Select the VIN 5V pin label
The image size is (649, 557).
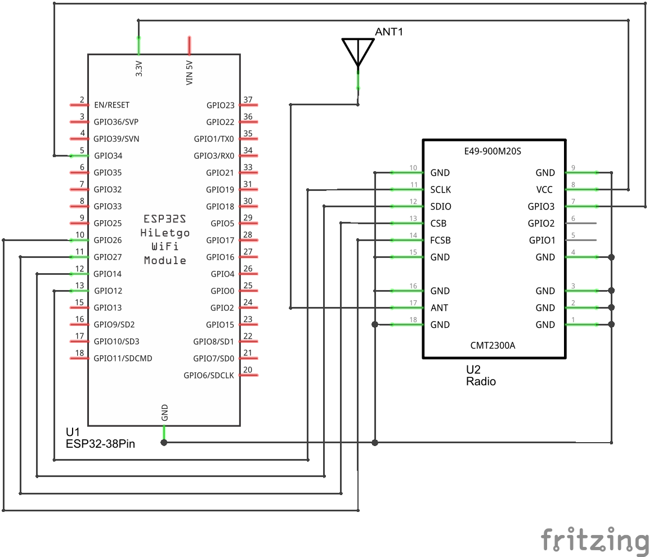190,73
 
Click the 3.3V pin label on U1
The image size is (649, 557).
139,69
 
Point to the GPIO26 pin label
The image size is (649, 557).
108,240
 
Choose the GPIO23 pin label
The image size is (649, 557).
220,105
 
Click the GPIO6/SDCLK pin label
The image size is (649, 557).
209,376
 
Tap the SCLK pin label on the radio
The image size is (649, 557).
441,190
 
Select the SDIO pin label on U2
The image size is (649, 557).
441,207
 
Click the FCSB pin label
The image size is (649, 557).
441,240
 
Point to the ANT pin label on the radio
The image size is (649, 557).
440,308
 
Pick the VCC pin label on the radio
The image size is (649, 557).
545,190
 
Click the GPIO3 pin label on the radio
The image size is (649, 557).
541,207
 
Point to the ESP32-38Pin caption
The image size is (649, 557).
100,444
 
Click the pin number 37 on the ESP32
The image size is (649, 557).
248,100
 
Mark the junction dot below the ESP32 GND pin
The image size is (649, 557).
164,443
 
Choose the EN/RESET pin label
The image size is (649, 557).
111,105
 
